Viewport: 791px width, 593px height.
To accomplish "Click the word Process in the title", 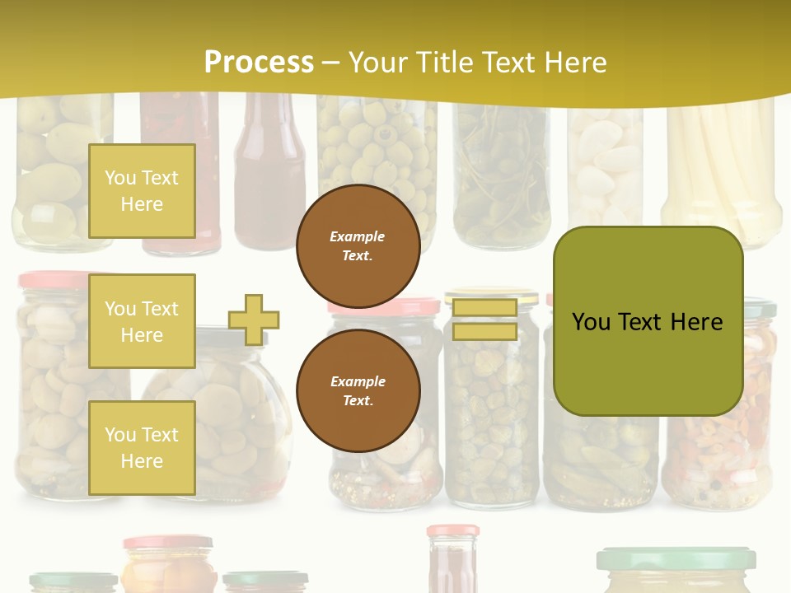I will pyautogui.click(x=259, y=63).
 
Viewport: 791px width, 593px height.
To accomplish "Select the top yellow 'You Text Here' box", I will pyautogui.click(x=142, y=191).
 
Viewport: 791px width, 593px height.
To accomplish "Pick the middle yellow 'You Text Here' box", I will pyautogui.click(x=142, y=322).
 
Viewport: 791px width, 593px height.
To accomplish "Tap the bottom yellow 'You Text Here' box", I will pyautogui.click(x=142, y=448).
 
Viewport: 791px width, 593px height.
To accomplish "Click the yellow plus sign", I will pyautogui.click(x=254, y=320).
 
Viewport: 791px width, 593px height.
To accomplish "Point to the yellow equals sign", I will pyautogui.click(x=484, y=320).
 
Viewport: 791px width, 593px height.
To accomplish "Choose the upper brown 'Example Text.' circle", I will pyautogui.click(x=358, y=246).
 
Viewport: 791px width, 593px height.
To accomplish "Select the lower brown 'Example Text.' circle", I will pyautogui.click(x=358, y=391).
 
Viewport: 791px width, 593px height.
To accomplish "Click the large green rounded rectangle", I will pyautogui.click(x=648, y=321).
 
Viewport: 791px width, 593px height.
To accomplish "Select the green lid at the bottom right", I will pyautogui.click(x=676, y=558).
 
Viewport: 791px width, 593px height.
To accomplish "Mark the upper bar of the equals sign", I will pyautogui.click(x=484, y=308).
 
